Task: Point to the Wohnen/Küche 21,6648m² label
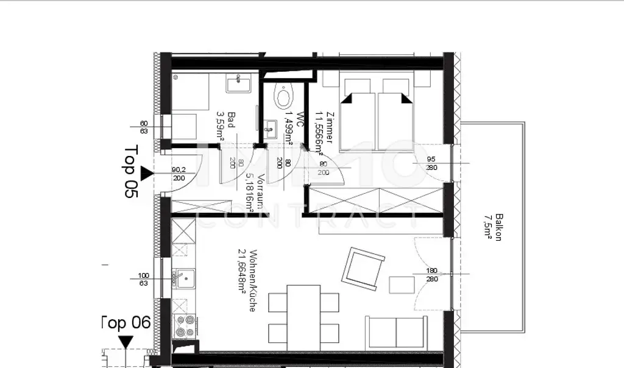tap(247, 280)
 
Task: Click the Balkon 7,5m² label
tap(493, 227)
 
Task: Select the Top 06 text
tap(125, 323)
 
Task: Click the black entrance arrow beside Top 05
tap(147, 175)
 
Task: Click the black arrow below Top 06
tap(126, 341)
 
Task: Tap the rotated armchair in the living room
tap(363, 267)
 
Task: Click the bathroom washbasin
tap(238, 83)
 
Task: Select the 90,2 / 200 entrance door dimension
tap(179, 174)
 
